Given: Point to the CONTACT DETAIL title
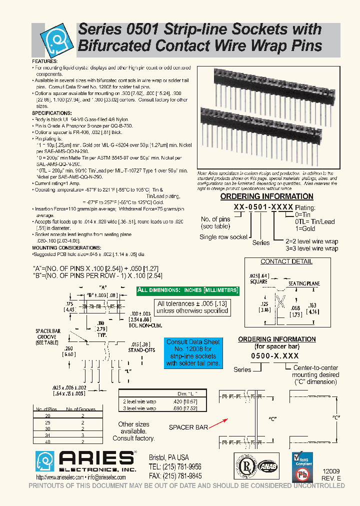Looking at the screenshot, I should coord(286,261).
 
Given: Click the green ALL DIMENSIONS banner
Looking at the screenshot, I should coord(188,290).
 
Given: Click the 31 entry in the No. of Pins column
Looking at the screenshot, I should coord(47,435).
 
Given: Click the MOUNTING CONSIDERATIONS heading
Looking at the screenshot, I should coord(66,248).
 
